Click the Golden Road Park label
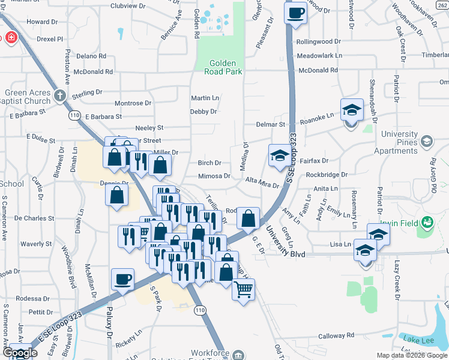tap(226, 67)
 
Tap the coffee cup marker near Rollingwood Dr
tap(295, 13)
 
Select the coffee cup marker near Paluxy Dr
tap(123, 278)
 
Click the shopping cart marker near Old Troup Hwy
tap(243, 290)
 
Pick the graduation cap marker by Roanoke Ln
tap(352, 110)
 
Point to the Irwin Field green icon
tap(427, 223)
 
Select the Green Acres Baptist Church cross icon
tap(59, 95)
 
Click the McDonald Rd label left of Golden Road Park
tap(94, 71)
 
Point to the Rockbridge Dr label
tap(327, 175)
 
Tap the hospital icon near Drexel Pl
tap(10, 38)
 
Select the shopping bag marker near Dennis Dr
tap(116, 194)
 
